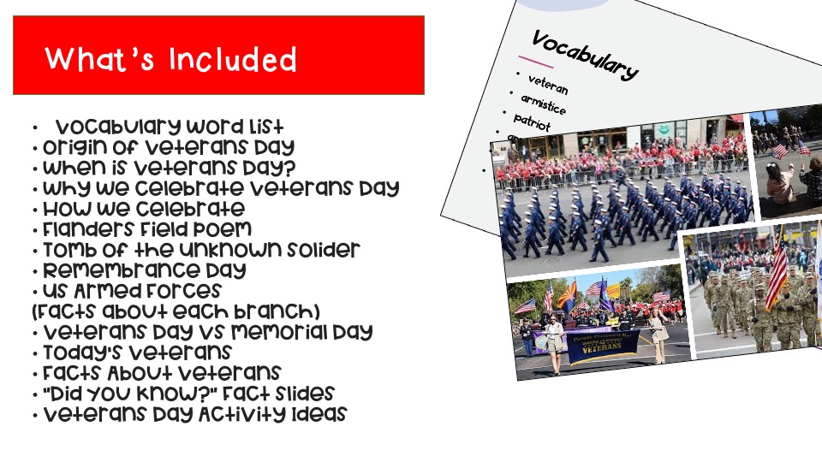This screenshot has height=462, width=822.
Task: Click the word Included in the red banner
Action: [x=233, y=60]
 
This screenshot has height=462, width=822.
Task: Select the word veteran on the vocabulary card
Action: [x=548, y=84]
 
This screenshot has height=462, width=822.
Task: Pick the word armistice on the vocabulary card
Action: [x=543, y=104]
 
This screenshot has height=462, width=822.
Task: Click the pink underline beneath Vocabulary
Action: [x=537, y=62]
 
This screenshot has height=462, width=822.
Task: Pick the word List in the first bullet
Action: [x=263, y=127]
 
